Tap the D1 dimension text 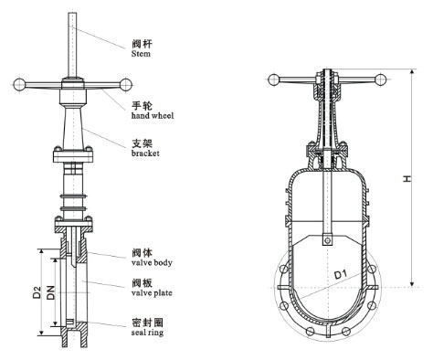pos(340,273)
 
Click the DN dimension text pos(51,293)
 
